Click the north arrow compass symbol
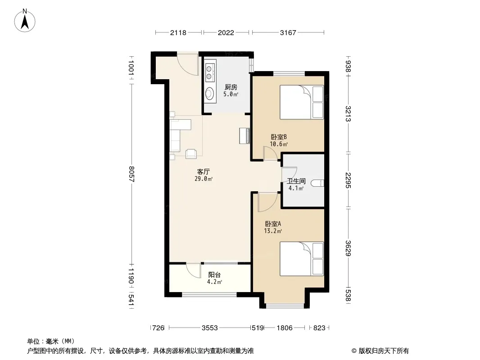coord(25,21)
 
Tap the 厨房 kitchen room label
coord(231,87)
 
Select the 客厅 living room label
coord(203,172)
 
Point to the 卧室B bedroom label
coord(279,137)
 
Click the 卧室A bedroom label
coord(273,224)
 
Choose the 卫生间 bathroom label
coord(296,181)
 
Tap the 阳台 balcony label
coord(215,275)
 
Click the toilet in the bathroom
coord(317,183)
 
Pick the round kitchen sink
coord(210,93)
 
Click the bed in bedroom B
coord(302,102)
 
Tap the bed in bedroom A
coord(302,259)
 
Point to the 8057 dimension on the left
coord(131,174)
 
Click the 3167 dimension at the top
coord(288,32)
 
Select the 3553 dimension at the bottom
coord(210,328)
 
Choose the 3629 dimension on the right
coord(348,248)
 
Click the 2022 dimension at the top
coord(226,32)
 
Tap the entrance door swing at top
coord(188,64)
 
